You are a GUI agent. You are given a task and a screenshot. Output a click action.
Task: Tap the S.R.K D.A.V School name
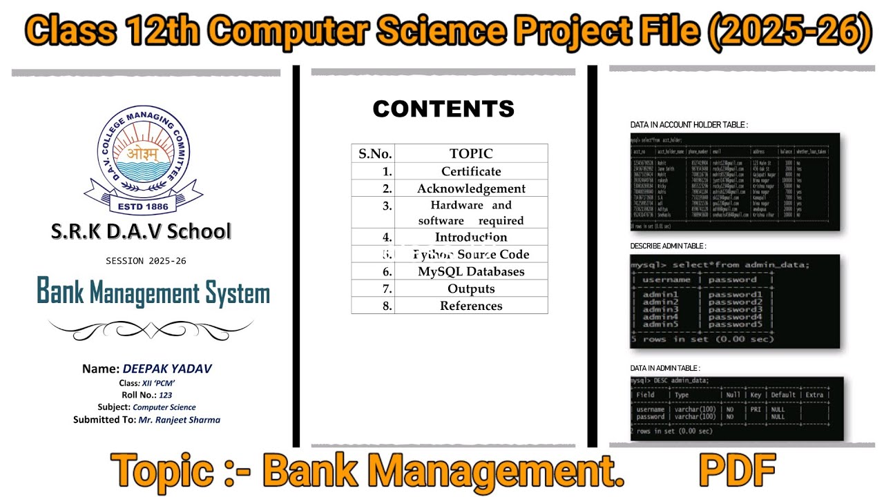point(141,231)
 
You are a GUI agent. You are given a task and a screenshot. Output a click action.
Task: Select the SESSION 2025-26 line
point(146,261)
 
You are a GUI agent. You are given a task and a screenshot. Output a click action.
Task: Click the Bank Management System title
point(153,293)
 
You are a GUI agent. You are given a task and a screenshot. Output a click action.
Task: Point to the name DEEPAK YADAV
point(167,369)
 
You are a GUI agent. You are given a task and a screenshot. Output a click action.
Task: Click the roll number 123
point(165,395)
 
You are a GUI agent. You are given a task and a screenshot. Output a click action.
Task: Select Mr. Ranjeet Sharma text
point(180,419)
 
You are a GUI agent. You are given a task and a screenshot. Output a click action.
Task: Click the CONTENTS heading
point(443,109)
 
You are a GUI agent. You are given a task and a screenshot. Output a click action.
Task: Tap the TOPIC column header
point(471,153)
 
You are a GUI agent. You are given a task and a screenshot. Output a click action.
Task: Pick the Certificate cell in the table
point(471,171)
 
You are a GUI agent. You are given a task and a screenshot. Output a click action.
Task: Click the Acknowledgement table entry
point(471,188)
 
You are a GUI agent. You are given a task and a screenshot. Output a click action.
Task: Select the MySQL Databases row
point(471,271)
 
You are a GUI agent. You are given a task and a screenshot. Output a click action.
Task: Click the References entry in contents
point(471,306)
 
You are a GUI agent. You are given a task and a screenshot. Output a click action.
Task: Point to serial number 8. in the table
point(387,306)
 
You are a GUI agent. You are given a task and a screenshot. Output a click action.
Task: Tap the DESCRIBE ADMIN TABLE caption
point(668,246)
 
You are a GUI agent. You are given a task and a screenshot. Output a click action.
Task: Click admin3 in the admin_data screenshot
point(660,309)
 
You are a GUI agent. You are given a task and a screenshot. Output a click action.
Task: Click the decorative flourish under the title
point(151,329)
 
